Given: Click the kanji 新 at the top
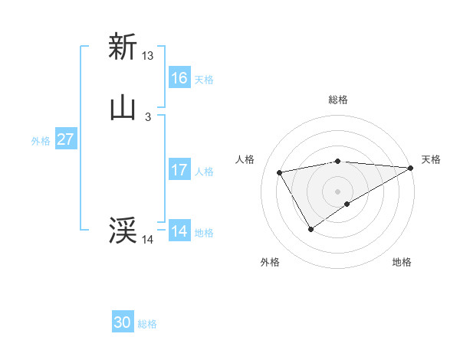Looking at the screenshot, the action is pos(123,47).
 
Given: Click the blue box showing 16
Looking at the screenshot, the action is pos(179,78).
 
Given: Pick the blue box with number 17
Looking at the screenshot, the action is pos(179,170).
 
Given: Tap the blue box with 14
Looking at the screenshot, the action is pos(179,231).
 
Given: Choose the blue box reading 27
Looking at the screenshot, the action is pos(66,140).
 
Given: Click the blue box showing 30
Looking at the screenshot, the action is pos(123,322).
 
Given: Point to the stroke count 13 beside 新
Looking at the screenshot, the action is pos(148,56).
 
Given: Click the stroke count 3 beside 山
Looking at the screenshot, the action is pos(148,117).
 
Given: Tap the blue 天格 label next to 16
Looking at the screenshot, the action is pos(204,80).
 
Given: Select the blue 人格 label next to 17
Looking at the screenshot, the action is pos(204,172).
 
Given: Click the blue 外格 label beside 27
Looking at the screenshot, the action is pos(41,141).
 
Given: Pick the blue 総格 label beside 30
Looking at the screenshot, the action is pos(147,324).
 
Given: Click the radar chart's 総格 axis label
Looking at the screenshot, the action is pos(338,100).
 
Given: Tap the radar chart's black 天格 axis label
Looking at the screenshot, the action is pos(431,159).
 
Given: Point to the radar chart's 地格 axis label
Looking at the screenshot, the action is pos(402,263).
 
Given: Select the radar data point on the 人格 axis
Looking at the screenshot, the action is pos(280,173).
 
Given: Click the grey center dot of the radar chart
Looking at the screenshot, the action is pos(338,191).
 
